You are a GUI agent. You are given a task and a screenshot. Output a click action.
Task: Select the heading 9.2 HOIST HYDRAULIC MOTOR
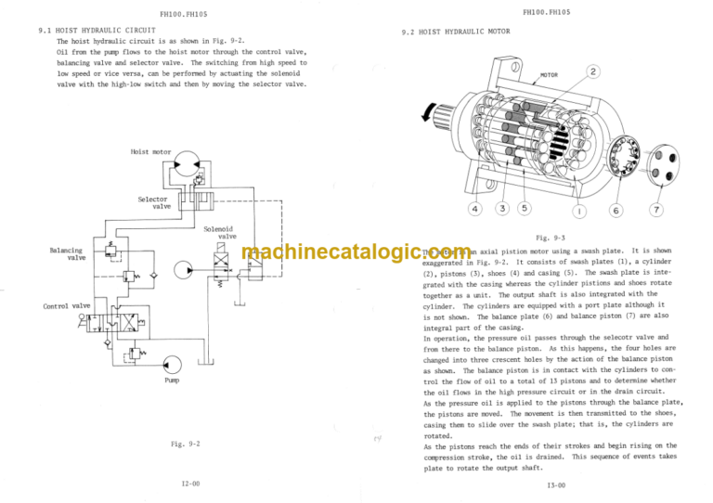click(x=456, y=32)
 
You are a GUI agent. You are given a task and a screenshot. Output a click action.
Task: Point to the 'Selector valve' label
click(x=153, y=202)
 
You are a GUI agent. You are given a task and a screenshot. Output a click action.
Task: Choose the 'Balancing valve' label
click(x=66, y=253)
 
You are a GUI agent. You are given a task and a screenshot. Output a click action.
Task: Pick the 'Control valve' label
click(x=67, y=305)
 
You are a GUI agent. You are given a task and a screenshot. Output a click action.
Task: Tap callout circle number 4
click(x=475, y=209)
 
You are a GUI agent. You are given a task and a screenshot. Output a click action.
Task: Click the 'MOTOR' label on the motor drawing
click(x=549, y=76)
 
